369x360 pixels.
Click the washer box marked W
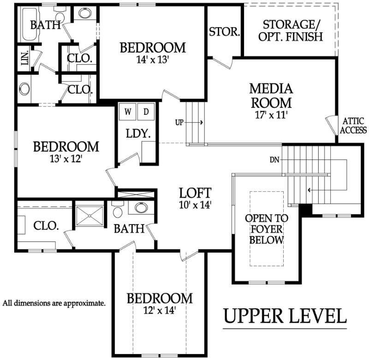[x=128, y=112]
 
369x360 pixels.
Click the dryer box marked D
[x=146, y=112]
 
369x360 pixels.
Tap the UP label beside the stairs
[x=179, y=123]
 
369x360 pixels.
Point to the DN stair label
[x=274, y=160]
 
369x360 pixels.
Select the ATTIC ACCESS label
[x=353, y=125]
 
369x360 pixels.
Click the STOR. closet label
[x=224, y=32]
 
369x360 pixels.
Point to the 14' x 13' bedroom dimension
[x=153, y=60]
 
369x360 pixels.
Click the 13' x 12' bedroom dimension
[x=66, y=159]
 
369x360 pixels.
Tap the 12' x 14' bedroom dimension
[x=160, y=311]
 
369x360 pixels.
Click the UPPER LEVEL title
[x=285, y=316]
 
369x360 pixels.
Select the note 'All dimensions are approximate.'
[x=54, y=303]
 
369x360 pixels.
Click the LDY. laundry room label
[x=138, y=134]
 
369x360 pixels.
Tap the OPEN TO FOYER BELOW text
[x=267, y=229]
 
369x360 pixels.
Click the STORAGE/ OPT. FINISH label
[x=291, y=31]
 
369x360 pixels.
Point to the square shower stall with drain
[x=89, y=216]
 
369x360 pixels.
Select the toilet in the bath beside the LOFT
[x=117, y=210]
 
